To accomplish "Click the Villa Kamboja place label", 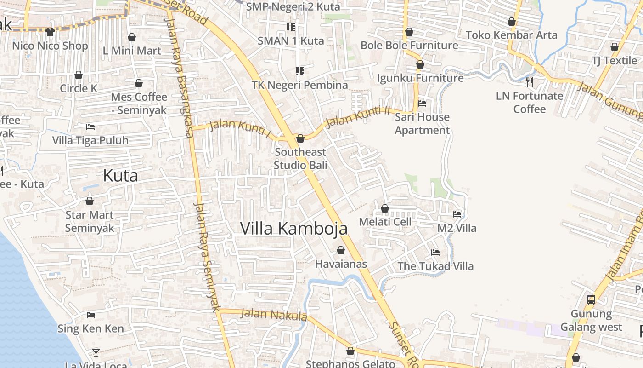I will pyautogui.click(x=293, y=228).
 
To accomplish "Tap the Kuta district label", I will pyautogui.click(x=120, y=175).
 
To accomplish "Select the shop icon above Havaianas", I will pyautogui.click(x=341, y=250).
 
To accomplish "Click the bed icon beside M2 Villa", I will pyautogui.click(x=457, y=214).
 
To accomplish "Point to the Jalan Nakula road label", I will pyautogui.click(x=274, y=315).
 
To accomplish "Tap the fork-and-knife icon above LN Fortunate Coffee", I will pyautogui.click(x=530, y=82).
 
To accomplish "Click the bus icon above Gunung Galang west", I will pyautogui.click(x=591, y=300).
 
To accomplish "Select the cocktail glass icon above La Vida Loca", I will pyautogui.click(x=96, y=353).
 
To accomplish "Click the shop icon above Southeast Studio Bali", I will pyautogui.click(x=300, y=138).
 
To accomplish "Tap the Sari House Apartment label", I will pyautogui.click(x=422, y=123).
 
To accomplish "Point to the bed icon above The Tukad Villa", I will pyautogui.click(x=435, y=253).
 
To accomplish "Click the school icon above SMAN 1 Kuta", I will pyautogui.click(x=290, y=27).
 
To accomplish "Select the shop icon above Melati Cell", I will pyautogui.click(x=385, y=208).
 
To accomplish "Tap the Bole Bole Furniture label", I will pyautogui.click(x=409, y=45).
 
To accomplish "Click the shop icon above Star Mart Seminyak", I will pyautogui.click(x=90, y=201).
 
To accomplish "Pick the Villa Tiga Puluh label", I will pyautogui.click(x=90, y=140).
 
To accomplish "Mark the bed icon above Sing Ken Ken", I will pyautogui.click(x=91, y=315).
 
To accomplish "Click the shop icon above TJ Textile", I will pyautogui.click(x=615, y=47).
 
